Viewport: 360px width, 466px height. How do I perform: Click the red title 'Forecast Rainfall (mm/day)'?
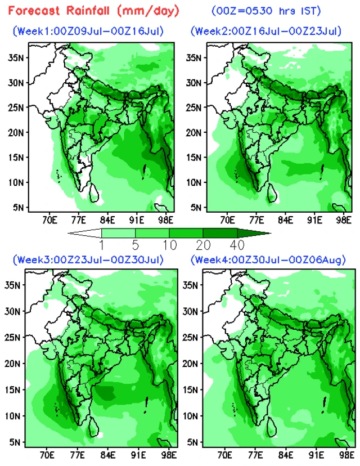pos(94,11)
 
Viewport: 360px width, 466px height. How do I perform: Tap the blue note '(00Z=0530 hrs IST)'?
pos(266,11)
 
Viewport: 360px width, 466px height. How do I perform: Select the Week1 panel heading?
pos(88,31)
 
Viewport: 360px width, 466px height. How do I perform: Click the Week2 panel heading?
pos(266,31)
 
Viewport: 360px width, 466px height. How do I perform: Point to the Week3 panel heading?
pos(88,260)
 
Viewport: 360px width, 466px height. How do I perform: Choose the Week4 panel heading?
pos(268,260)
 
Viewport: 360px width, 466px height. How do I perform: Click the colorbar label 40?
pos(237,245)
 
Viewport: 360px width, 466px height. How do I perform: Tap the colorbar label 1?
pos(102,245)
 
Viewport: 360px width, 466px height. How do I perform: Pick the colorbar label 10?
pos(170,245)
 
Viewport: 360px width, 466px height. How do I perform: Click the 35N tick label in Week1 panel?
pos(15,57)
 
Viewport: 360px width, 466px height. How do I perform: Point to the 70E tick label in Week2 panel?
pos(227,220)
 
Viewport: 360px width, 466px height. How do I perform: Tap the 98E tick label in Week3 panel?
pos(169,455)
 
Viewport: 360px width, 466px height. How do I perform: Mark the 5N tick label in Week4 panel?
pos(193,442)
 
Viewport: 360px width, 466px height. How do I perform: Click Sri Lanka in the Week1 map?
pos(94,193)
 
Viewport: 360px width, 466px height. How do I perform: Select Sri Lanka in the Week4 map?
pos(272,427)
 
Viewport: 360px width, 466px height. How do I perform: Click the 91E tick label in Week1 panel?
pos(137,220)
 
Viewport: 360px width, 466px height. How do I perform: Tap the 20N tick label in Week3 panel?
pos(12,364)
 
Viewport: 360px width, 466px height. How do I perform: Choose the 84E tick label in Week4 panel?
pos(286,455)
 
